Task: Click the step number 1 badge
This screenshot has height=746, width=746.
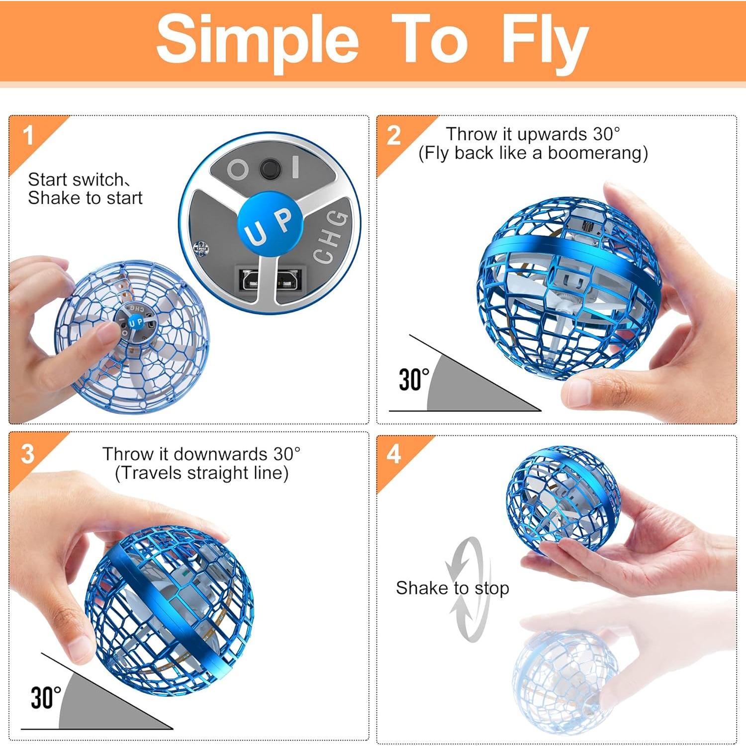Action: point(28,135)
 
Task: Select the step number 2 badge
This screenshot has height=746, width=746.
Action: point(394,135)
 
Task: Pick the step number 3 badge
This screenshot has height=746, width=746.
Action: point(28,454)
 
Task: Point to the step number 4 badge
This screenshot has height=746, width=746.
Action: point(394,454)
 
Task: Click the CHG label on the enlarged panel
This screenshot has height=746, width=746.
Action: point(331,236)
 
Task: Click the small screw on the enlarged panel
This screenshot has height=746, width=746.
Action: point(200,247)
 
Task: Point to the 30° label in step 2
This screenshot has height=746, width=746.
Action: point(414,380)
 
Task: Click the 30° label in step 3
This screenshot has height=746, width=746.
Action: point(46,697)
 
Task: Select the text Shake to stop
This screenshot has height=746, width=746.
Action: point(452,588)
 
